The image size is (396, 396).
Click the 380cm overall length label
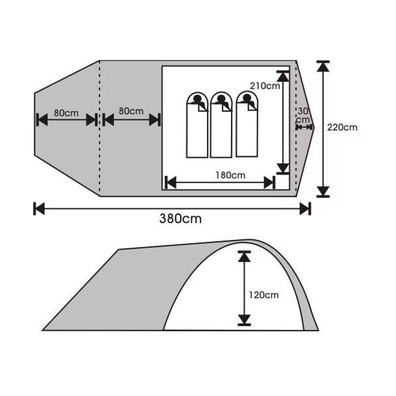(181, 219)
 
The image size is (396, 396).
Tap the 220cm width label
(342, 128)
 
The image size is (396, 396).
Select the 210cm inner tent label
(265, 86)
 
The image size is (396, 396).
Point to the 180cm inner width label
(230, 175)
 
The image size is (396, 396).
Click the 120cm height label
(264, 295)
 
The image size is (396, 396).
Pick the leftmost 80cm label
(66, 113)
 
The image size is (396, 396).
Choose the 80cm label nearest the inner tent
(131, 111)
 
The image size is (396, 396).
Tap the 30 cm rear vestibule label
(304, 115)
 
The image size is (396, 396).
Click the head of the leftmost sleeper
(197, 99)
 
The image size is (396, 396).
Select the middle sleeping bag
(221, 125)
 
